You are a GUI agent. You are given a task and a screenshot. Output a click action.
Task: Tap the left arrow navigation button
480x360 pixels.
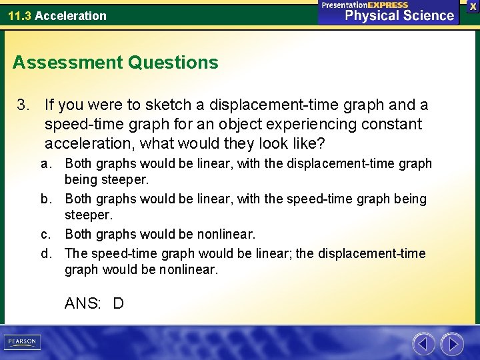423,344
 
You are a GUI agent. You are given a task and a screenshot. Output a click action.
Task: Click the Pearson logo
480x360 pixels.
21,342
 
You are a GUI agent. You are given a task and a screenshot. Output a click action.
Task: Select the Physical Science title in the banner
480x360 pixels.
399,15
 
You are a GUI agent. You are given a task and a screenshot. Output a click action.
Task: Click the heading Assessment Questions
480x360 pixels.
115,63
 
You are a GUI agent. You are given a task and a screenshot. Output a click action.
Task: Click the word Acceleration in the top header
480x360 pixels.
71,15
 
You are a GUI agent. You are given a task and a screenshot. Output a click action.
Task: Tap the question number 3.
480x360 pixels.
23,105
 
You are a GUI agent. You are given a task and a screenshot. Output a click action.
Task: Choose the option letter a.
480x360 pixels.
45,163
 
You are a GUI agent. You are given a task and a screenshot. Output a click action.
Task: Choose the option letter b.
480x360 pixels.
45,199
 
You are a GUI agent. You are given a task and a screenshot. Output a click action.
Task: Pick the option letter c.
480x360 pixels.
45,234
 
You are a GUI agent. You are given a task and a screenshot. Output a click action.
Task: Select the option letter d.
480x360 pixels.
45,253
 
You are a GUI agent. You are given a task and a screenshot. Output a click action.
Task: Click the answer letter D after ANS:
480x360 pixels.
118,304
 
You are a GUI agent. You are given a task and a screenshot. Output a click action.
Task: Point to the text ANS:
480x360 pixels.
83,304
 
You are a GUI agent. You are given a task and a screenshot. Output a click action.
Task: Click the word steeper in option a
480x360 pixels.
125,180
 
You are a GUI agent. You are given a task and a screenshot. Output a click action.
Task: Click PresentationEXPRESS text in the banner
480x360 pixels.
365,5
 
